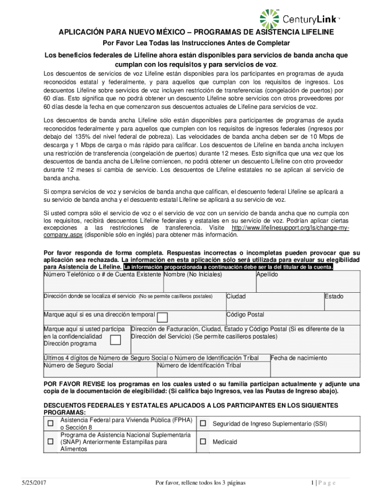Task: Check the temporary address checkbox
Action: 162,317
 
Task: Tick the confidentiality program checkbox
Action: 115,340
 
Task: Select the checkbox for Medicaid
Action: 203,441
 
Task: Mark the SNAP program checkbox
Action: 50,441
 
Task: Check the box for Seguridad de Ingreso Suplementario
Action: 203,424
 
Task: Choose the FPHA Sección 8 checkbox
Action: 50,424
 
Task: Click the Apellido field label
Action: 267,274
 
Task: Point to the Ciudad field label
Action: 236,296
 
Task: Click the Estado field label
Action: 334,296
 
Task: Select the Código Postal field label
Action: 245,314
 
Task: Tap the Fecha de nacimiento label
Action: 299,358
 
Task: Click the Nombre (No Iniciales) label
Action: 193,274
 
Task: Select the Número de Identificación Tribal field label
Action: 199,365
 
